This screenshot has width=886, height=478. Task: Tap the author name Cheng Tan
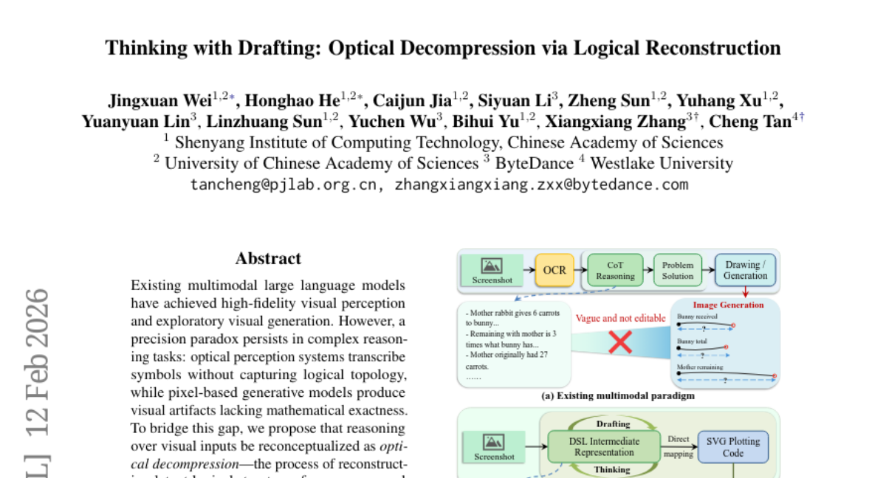pos(760,122)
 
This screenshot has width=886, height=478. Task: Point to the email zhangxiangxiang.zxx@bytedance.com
pos(541,184)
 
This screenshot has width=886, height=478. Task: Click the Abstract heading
pos(268,258)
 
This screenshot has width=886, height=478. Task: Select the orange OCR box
pos(554,271)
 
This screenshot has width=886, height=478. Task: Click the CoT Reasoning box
pos(615,271)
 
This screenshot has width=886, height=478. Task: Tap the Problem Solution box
pos(677,271)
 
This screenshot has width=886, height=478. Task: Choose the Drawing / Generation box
pos(745,271)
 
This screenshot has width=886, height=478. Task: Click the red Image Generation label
pos(728,305)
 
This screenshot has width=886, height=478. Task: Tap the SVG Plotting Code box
pos(733,447)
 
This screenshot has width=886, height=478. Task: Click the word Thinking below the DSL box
pos(613,469)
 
